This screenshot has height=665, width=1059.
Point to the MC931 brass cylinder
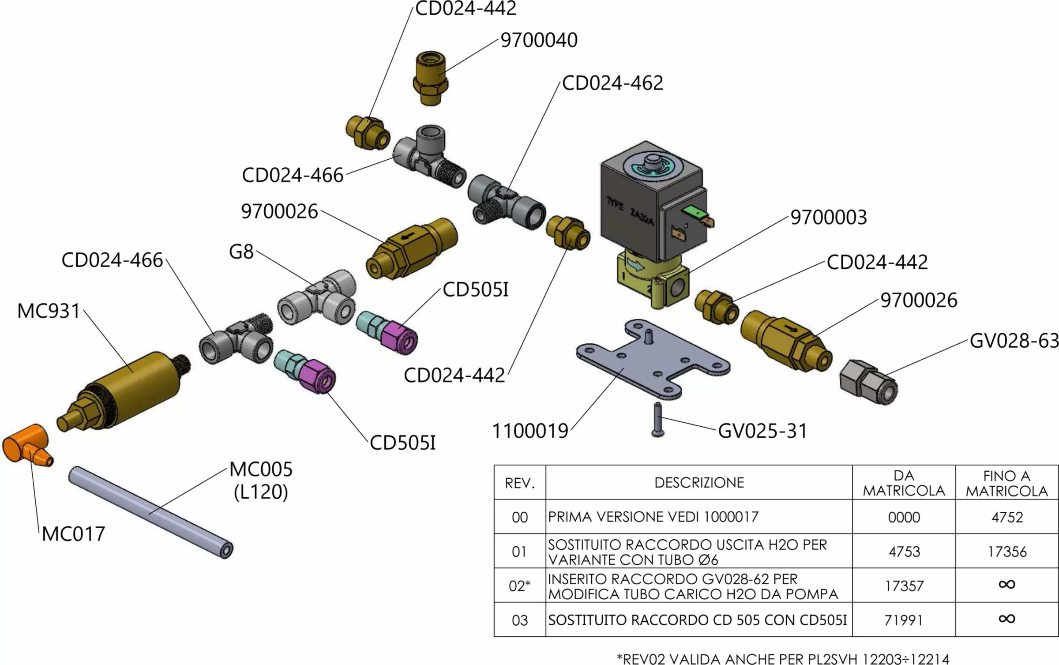point(128,388)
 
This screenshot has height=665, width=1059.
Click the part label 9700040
point(539,40)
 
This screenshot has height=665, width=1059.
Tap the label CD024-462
point(612,83)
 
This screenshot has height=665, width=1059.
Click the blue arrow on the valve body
point(635,265)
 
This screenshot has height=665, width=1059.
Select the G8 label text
point(241,252)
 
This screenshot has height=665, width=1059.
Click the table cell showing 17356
point(1006,552)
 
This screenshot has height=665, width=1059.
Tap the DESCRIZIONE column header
point(699,483)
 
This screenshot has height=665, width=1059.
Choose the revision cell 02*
point(519,586)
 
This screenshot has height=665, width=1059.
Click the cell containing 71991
point(903,620)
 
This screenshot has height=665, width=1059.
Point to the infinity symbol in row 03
point(1006,619)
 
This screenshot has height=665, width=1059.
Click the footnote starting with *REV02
point(782,659)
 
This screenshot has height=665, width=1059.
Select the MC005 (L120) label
point(261,481)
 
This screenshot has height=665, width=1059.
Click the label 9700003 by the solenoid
point(828,218)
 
